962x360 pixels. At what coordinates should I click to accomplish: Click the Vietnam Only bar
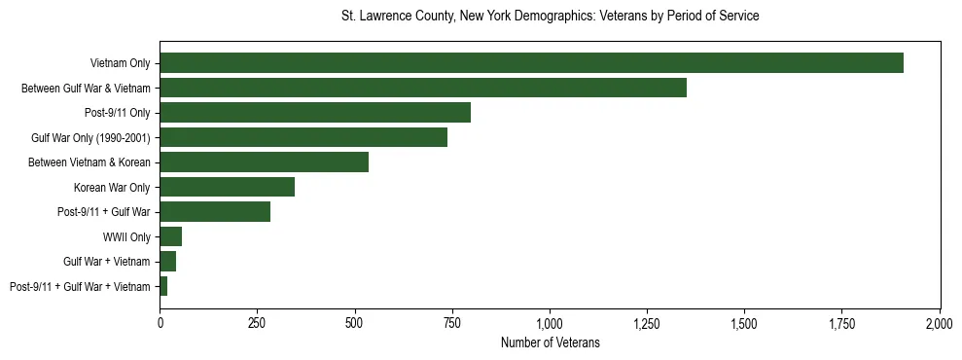531,63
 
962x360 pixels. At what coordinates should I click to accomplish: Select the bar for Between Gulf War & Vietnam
423,88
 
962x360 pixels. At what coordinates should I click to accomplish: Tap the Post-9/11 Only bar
315,113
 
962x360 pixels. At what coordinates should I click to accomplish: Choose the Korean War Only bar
228,187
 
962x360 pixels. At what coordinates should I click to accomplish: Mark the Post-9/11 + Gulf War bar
215,211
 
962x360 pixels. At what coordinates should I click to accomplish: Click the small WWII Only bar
171,236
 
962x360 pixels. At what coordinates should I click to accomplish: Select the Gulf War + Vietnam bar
168,261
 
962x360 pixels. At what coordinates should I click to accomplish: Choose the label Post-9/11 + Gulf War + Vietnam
80,286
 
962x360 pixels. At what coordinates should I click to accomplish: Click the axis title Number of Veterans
550,343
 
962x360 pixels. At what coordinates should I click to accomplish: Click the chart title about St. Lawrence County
550,17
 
